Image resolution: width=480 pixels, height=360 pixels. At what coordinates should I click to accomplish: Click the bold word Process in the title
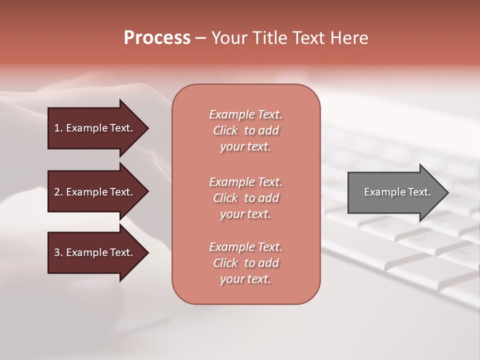tap(157, 38)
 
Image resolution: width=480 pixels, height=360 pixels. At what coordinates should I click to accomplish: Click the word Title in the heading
tap(270, 38)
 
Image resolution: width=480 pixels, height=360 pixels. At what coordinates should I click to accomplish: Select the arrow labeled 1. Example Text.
tap(95, 128)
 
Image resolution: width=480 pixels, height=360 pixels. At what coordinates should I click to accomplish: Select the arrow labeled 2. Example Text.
tap(95, 192)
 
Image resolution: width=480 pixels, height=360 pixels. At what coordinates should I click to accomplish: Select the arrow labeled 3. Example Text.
tap(95, 252)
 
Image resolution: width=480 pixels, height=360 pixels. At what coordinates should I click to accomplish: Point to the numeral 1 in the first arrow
tap(57, 128)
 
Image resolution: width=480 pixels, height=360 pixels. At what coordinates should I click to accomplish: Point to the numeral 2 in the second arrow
tap(57, 192)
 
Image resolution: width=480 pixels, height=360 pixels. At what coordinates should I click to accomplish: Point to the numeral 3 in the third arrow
tap(57, 252)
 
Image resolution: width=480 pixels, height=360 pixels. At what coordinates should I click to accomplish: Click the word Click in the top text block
tap(225, 131)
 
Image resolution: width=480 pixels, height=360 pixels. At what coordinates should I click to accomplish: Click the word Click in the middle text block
tap(225, 198)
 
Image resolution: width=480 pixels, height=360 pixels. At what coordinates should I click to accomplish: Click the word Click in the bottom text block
tap(225, 263)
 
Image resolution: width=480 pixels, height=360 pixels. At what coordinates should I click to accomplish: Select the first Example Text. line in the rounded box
tap(245, 114)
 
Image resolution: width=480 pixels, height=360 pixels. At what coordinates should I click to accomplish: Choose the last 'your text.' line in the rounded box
tap(245, 279)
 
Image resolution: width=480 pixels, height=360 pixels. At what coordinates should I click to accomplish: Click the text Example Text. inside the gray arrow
tap(397, 192)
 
